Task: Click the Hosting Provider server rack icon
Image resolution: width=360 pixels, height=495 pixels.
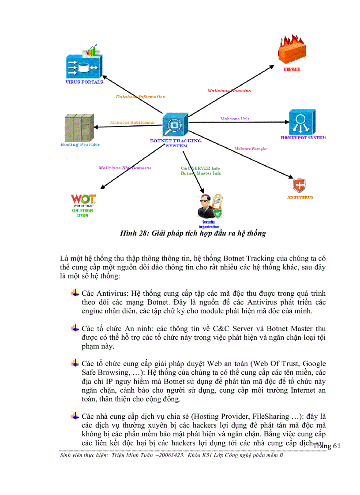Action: (x=79, y=127)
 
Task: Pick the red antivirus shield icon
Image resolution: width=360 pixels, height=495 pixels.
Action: (x=300, y=185)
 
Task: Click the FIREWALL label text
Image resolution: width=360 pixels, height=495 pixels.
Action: (x=292, y=70)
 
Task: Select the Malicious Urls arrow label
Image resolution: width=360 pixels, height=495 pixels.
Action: (x=235, y=119)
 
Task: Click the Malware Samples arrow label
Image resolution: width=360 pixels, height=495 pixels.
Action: (x=251, y=149)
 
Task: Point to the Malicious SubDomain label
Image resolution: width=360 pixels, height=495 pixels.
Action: (x=132, y=122)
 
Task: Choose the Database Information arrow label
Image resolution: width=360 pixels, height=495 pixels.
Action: (x=141, y=97)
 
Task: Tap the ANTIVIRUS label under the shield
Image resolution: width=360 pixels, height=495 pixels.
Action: (x=300, y=197)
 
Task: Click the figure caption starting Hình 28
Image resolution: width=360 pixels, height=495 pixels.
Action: (x=193, y=233)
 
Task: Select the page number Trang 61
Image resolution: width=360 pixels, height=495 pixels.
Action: (x=327, y=446)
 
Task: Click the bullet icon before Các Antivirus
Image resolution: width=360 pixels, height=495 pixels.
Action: (x=75, y=293)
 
